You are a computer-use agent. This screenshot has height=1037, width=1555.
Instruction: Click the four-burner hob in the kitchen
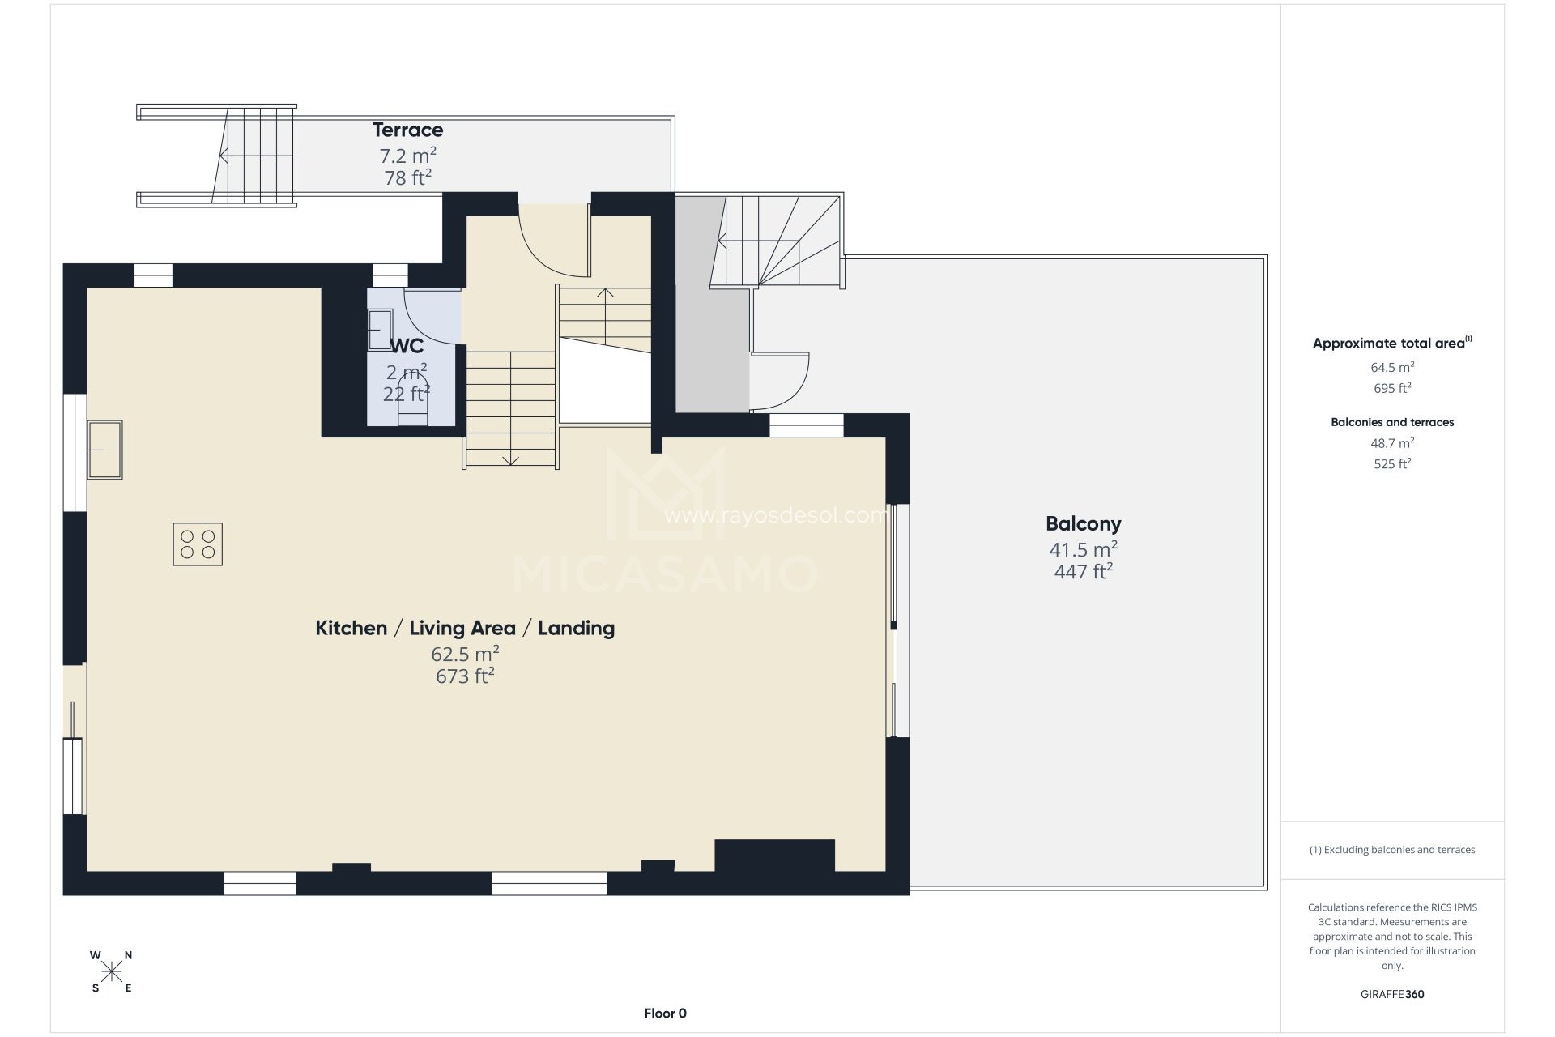pyautogui.click(x=198, y=544)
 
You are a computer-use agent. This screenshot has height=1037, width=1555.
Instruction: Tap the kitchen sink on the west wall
pyautogui.click(x=105, y=450)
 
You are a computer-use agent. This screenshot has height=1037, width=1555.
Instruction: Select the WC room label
pyautogui.click(x=407, y=347)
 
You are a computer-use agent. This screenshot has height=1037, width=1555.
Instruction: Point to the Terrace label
pyautogui.click(x=407, y=130)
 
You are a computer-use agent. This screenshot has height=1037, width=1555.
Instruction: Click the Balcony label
pyautogui.click(x=1084, y=524)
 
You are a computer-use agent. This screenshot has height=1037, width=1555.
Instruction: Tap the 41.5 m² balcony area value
pyautogui.click(x=1084, y=549)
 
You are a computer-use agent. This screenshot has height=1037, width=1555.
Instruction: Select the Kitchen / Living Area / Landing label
pyautogui.click(x=465, y=628)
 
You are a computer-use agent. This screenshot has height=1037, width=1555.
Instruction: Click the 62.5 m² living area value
pyautogui.click(x=465, y=653)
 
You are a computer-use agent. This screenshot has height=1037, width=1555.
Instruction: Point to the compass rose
pyautogui.click(x=112, y=971)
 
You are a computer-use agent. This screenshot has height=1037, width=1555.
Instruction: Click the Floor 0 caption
pyautogui.click(x=666, y=1013)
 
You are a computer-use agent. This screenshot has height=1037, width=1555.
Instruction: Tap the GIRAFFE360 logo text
pyautogui.click(x=1392, y=994)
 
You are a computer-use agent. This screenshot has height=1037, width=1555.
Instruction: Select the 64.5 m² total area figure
pyautogui.click(x=1392, y=367)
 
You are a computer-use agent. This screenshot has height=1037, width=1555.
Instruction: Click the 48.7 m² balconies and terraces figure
pyautogui.click(x=1392, y=443)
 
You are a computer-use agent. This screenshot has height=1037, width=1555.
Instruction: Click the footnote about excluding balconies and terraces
pyautogui.click(x=1392, y=850)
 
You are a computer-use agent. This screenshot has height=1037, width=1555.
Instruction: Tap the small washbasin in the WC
pyautogui.click(x=378, y=331)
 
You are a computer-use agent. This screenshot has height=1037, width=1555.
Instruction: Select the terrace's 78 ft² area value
pyautogui.click(x=407, y=177)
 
